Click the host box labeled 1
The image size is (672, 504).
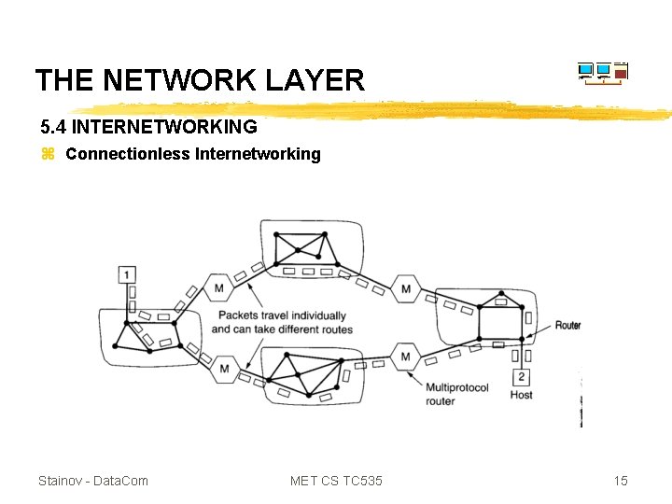pos(128,274)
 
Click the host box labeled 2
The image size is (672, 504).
pos(521,377)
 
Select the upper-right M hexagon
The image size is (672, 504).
pos(405,288)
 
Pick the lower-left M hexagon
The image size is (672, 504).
pos(225,369)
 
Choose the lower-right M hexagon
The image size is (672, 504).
pos(405,356)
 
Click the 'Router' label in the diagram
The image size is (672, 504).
pos(567,325)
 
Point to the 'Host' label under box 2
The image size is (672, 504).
pos(521,395)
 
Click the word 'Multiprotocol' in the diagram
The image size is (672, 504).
pos(456,387)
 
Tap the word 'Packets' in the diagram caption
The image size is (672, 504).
pos(235,316)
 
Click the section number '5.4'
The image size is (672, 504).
pos(53,125)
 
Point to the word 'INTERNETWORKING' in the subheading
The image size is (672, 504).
pos(164,125)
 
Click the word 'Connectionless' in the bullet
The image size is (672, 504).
pos(127,154)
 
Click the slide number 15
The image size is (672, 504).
pos(621,481)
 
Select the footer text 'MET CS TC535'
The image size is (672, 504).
pos(336,481)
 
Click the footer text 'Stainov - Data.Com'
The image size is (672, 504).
pos(92,481)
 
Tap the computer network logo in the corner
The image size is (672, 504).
pos(602,73)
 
